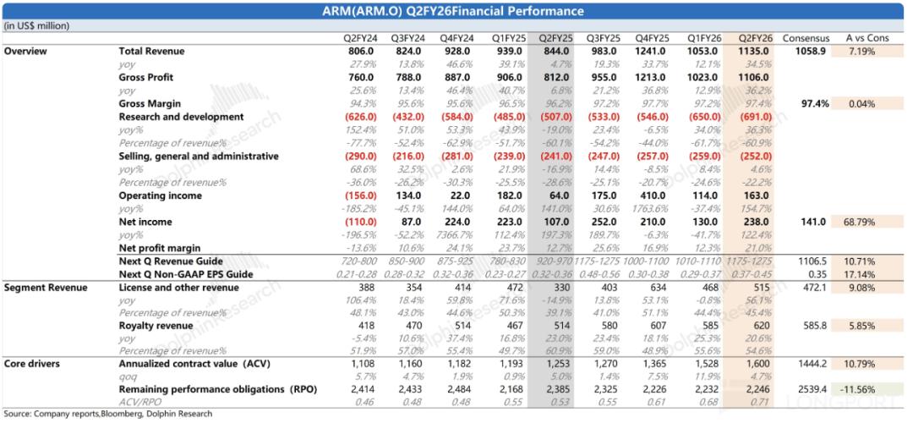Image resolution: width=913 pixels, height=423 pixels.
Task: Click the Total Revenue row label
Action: pyautogui.click(x=151, y=52)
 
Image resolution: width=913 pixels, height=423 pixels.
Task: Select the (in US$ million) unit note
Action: pyautogui.click(x=35, y=26)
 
